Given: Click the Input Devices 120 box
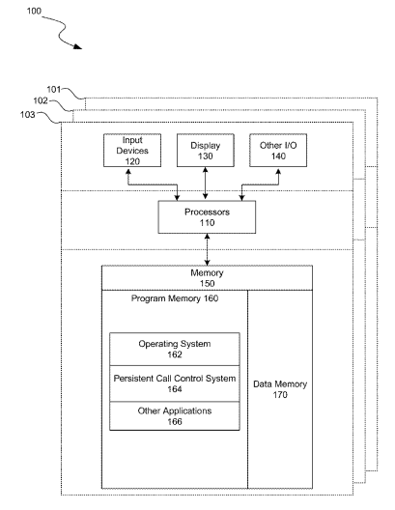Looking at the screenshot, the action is [132, 151].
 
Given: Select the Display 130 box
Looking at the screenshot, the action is [205, 151].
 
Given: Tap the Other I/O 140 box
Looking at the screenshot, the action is [278, 151].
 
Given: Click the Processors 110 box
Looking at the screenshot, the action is [207, 217].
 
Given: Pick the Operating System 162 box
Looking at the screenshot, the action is [175, 349].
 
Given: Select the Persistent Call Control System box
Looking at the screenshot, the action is [175, 383].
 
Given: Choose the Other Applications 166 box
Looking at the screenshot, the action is [175, 416].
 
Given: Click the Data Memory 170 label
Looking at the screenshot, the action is [280, 389].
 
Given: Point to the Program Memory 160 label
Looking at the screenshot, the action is [175, 298].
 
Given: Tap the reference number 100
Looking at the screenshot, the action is [34, 11].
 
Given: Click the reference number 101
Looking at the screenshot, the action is [54, 89].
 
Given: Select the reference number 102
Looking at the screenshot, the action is [41, 100].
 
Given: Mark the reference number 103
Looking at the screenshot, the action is [27, 115].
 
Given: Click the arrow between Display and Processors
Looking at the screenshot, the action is [205, 184].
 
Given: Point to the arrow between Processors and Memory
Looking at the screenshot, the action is [207, 249].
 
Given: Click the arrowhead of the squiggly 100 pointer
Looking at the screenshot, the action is [77, 46].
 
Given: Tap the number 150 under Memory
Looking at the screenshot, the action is [207, 283].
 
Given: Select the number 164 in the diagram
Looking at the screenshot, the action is [175, 389].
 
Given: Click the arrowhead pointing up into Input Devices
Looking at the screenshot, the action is [128, 170].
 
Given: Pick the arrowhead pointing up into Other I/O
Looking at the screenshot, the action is [278, 170].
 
